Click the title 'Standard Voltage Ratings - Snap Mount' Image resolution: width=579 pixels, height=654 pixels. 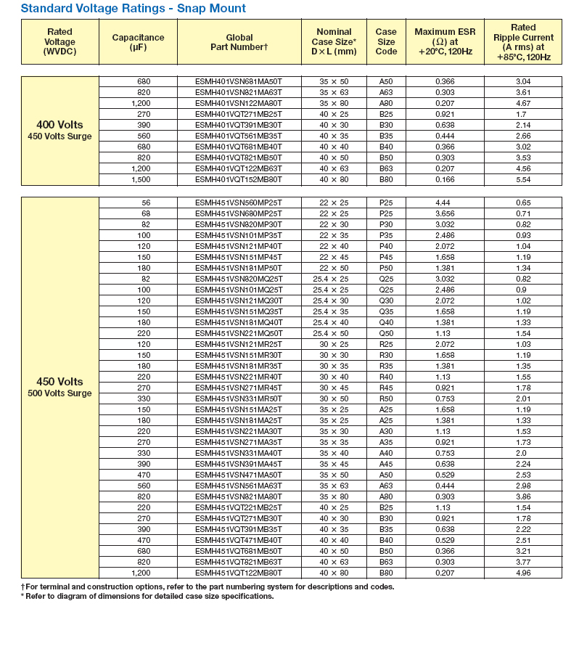tap(133, 9)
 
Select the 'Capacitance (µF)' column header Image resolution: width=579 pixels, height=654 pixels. tap(138, 42)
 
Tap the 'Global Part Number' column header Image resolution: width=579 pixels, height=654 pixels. tap(239, 42)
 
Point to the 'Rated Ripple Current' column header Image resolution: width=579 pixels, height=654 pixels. tap(523, 42)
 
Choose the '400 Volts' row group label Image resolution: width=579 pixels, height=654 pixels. tap(59, 125)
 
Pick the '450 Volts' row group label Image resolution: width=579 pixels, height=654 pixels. tap(59, 382)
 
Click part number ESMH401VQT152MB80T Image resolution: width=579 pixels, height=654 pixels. tap(239, 179)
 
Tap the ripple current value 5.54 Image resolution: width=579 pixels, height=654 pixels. tap(523, 179)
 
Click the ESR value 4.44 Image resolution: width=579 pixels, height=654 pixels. tap(445, 203)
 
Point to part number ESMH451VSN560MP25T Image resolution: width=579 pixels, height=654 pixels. tap(239, 203)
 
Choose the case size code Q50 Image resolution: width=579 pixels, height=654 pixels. tap(386, 333)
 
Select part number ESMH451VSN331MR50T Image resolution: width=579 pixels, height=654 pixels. tap(239, 398)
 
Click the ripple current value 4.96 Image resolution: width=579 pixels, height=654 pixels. tap(523, 573)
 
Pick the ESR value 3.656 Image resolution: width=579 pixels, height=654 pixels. tap(445, 213)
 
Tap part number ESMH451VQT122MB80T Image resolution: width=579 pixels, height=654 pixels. tap(239, 573)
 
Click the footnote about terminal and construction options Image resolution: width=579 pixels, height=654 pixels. tap(208, 586)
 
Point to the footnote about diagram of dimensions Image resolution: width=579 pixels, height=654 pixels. tap(147, 596)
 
